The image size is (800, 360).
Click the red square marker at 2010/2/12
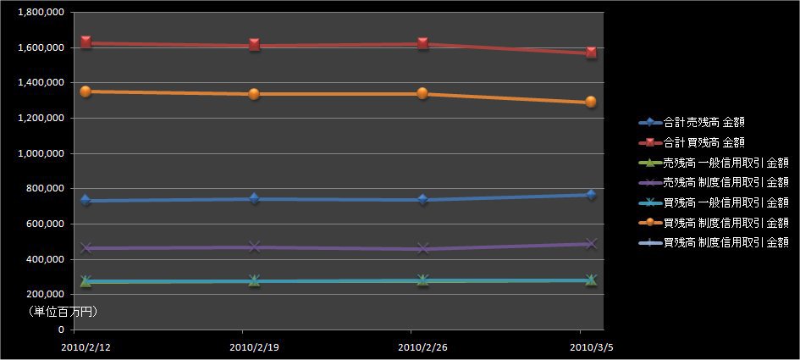(x=86, y=42)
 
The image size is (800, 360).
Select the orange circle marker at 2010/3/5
(x=590, y=102)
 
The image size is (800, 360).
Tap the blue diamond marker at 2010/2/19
(x=254, y=198)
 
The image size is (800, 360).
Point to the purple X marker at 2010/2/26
(x=422, y=248)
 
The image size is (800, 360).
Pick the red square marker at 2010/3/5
(x=590, y=53)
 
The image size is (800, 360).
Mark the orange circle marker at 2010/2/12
(x=86, y=91)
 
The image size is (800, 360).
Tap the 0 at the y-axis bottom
(x=60, y=330)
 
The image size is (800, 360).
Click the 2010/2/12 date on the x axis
(x=86, y=347)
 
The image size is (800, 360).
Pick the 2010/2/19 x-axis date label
(x=254, y=347)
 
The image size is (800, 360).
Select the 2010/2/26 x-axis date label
(x=422, y=347)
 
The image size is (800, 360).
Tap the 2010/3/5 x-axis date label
(x=590, y=347)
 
